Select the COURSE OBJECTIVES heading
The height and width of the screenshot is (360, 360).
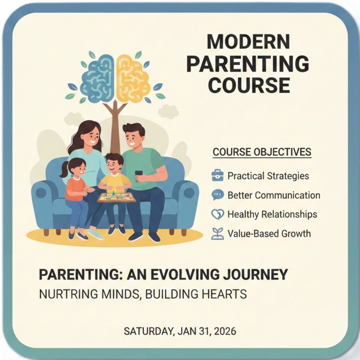pos(262,152)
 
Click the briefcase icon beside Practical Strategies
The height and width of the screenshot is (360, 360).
pos(217,176)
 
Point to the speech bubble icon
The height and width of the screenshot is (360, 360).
pos(217,195)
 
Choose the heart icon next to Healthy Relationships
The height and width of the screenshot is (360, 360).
pos(217,214)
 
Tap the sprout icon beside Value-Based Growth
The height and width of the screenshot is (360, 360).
pos(217,234)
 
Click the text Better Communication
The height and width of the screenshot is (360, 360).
pos(274,195)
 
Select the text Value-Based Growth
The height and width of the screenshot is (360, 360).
pos(269,234)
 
